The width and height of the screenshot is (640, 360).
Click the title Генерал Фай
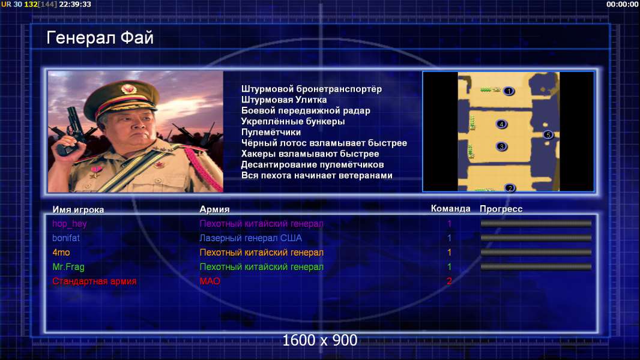coord(100,38)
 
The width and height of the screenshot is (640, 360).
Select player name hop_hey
coord(70,223)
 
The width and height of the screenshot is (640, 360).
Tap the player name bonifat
coord(66,238)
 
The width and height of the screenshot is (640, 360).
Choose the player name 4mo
coord(61,253)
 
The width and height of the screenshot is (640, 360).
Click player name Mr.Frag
coord(68,267)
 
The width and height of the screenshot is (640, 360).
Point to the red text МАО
coord(210,281)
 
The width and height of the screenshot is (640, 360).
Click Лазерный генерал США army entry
coord(250,238)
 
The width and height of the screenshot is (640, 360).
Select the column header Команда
coord(451,208)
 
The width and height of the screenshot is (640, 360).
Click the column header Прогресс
coord(501,209)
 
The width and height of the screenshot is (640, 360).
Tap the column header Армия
coord(215,209)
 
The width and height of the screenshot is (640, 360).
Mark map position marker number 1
coord(509,91)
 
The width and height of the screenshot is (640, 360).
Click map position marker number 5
coord(548,134)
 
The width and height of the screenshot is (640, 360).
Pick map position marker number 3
coord(502,146)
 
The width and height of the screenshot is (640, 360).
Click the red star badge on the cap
coord(128,88)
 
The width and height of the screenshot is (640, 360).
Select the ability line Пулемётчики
coord(271,132)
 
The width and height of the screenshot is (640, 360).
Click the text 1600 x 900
coord(320,340)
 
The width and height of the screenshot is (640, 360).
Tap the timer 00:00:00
coord(622,4)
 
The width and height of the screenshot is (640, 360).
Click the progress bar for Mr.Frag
coord(536,267)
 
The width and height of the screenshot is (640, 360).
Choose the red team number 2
coord(449,281)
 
